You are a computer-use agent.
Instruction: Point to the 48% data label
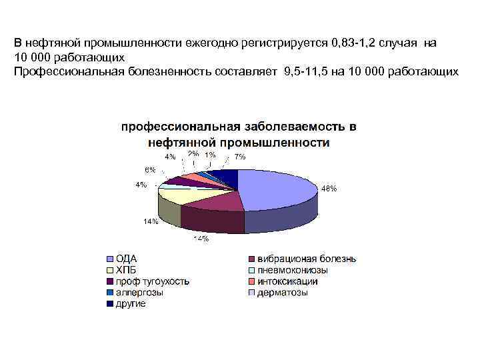(329, 189)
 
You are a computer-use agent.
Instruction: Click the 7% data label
(239, 157)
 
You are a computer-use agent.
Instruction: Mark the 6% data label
(151, 169)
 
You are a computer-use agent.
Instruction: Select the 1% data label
(210, 155)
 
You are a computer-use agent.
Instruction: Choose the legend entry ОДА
(127, 259)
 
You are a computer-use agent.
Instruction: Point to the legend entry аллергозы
(139, 292)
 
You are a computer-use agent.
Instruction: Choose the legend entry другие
(131, 303)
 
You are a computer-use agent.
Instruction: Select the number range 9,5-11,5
(303, 71)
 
